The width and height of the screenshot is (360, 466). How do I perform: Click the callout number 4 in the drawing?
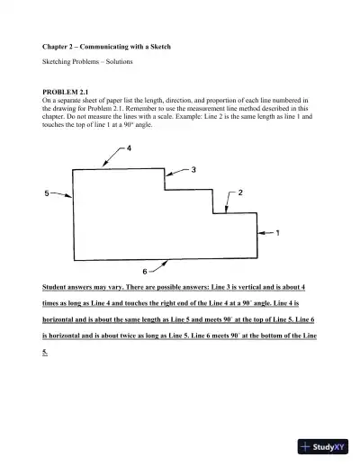[130, 148]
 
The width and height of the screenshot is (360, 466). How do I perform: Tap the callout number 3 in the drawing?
[194, 169]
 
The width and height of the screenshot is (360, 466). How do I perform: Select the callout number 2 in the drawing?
[240, 193]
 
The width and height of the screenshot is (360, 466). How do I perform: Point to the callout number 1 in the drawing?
[277, 233]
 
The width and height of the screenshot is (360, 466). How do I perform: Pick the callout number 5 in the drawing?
[46, 193]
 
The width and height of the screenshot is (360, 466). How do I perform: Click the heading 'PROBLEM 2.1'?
[65, 92]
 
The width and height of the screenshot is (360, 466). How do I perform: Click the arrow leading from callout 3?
[178, 173]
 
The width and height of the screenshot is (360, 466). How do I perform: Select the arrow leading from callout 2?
[227, 199]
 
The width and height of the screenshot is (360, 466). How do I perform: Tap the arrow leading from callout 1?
[265, 233]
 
